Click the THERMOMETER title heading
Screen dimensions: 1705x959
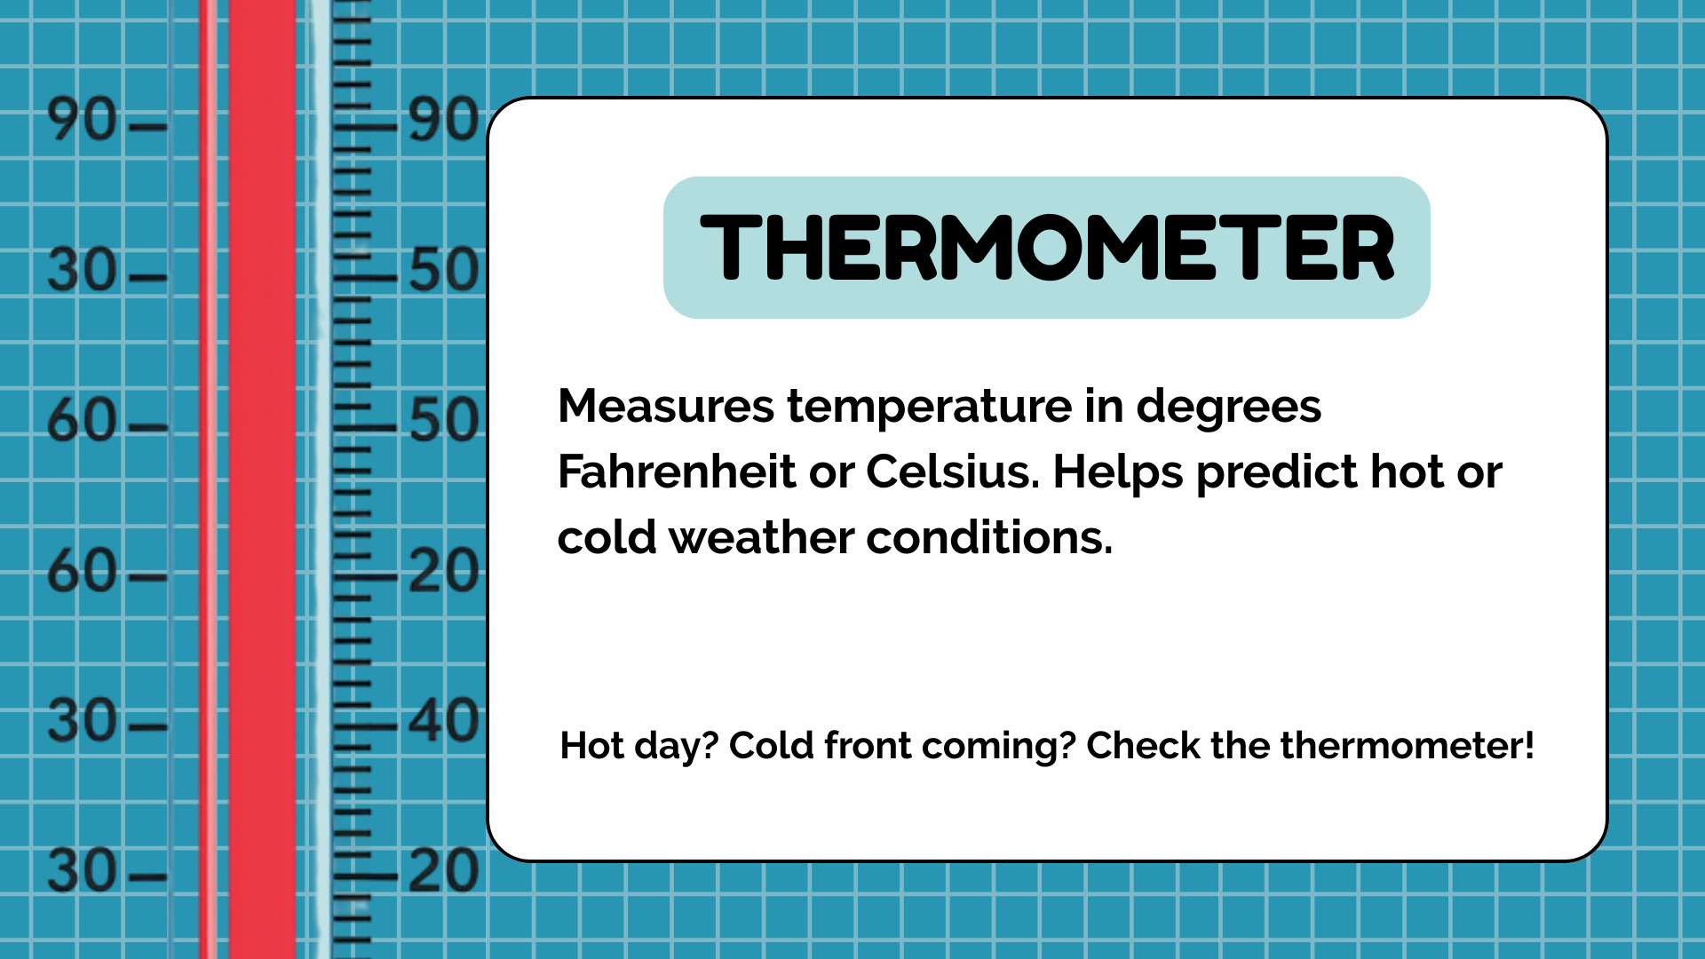(x=1047, y=248)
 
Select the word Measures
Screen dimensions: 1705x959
(x=666, y=407)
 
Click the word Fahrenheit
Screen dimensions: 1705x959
(x=676, y=472)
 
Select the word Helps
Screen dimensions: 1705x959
(x=1118, y=473)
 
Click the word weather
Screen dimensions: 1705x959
(x=761, y=537)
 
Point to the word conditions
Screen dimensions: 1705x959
(x=989, y=537)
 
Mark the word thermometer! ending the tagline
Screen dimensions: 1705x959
(x=1407, y=746)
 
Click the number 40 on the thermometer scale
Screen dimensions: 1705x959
(x=444, y=720)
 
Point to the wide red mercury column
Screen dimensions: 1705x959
(x=263, y=479)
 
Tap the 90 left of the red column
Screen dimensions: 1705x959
(x=82, y=120)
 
